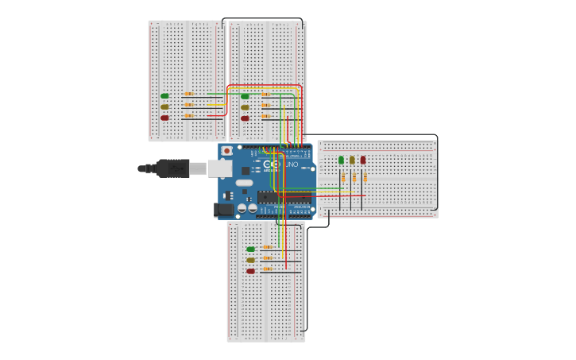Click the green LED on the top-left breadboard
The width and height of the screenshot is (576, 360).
pyautogui.click(x=164, y=96)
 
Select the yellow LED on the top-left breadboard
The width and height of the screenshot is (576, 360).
pyautogui.click(x=164, y=106)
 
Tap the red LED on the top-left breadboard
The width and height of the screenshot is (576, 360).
pyautogui.click(x=164, y=118)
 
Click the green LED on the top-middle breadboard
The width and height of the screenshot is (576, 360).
pyautogui.click(x=245, y=96)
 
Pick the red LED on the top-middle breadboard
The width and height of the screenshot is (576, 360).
pyautogui.click(x=245, y=118)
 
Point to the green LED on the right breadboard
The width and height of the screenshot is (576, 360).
pyautogui.click(x=341, y=160)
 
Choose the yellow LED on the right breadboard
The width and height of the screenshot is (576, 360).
pyautogui.click(x=352, y=160)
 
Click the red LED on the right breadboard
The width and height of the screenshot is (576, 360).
pyautogui.click(x=363, y=160)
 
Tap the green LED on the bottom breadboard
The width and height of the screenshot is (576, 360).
pyautogui.click(x=250, y=249)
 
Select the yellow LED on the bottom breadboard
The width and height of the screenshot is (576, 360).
pyautogui.click(x=250, y=260)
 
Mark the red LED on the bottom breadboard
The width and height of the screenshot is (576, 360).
pyautogui.click(x=250, y=271)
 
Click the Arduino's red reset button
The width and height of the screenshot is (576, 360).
pyautogui.click(x=226, y=150)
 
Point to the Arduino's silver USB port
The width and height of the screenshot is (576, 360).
pyautogui.click(x=219, y=168)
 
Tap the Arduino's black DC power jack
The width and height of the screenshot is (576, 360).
pyautogui.click(x=224, y=210)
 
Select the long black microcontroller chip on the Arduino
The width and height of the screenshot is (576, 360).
pyautogui.click(x=284, y=197)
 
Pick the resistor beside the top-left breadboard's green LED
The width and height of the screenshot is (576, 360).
pyautogui.click(x=188, y=94)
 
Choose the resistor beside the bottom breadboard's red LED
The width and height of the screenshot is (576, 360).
pyautogui.click(x=268, y=269)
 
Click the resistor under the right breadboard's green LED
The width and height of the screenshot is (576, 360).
pyautogui.click(x=343, y=178)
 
